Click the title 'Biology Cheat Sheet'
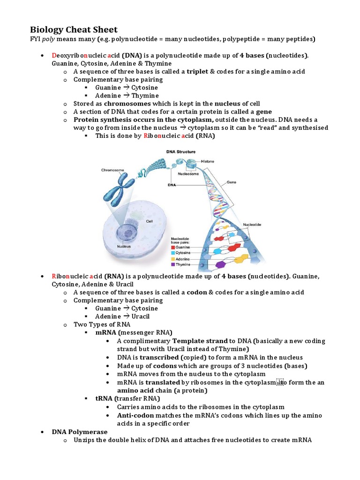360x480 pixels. tap(74, 29)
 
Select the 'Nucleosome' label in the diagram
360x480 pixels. tap(188, 173)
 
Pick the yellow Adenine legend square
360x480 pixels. tap(173, 258)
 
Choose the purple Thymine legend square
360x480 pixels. tap(173, 264)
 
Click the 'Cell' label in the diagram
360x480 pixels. tap(150, 221)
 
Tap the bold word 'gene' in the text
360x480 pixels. tap(263, 112)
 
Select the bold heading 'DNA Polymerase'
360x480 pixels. tap(80, 432)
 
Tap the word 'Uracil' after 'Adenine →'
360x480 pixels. tap(141, 316)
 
